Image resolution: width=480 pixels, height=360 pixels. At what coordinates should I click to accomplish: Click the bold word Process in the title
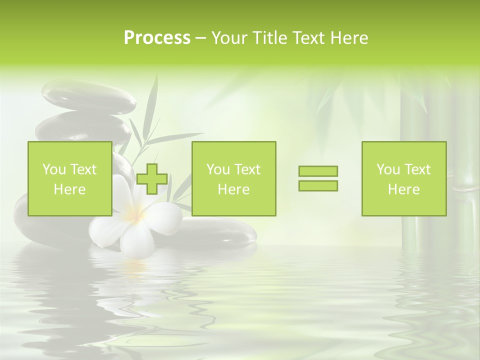pos(157,38)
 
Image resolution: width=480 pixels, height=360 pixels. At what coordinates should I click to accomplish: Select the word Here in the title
pos(349,38)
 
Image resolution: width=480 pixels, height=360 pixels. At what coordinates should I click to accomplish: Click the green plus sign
pos(152,179)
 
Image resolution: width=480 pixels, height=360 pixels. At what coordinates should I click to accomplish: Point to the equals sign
pos(318,178)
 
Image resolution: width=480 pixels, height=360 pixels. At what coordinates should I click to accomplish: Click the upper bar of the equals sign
pos(318,171)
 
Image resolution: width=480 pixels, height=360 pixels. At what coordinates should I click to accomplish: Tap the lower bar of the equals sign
pos(318,186)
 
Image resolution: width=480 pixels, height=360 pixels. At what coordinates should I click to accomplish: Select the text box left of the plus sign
pos(70,178)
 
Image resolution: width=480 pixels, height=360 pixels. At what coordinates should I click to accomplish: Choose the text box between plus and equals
pos(233,178)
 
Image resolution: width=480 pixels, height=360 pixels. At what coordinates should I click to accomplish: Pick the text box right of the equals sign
pos(404,178)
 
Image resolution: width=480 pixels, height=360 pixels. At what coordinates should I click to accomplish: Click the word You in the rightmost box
pos(388,169)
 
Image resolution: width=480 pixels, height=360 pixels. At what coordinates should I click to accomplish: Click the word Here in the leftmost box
pos(69,189)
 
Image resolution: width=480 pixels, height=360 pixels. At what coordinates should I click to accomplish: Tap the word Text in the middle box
pos(248,169)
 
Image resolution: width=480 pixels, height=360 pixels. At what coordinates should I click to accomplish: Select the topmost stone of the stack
pos(89,97)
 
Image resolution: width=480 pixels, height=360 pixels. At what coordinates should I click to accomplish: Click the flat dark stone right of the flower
pos(220,232)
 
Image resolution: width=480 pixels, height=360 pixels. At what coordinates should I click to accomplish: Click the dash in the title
pos(201,38)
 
